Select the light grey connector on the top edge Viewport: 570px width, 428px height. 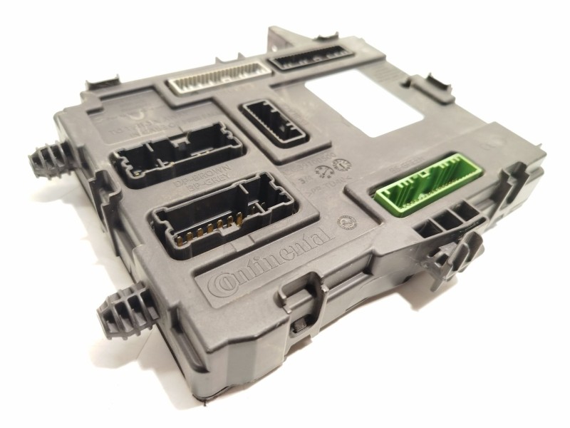pos(217,79)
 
